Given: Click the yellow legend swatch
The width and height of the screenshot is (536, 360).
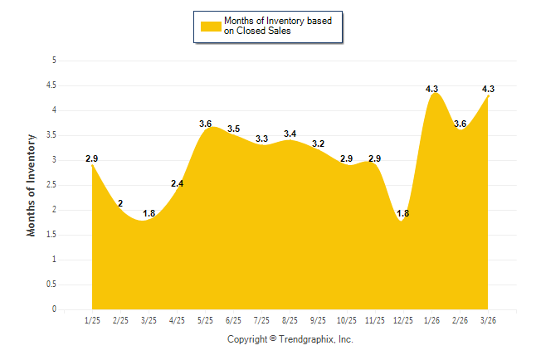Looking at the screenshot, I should (x=210, y=26).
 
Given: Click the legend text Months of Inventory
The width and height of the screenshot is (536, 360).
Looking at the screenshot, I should (x=266, y=21).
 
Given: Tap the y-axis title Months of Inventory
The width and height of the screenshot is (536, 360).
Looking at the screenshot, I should (x=32, y=185).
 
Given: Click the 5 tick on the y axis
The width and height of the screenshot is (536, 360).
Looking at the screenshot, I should (x=54, y=61).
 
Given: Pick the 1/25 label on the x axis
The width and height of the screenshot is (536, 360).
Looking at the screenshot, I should (x=92, y=319).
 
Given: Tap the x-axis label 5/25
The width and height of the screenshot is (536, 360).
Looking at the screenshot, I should (x=205, y=319).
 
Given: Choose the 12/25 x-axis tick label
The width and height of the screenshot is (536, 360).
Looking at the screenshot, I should (x=402, y=319).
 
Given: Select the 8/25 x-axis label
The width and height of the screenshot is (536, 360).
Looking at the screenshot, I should (x=290, y=319).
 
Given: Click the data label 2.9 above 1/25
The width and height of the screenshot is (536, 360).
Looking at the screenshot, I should (x=92, y=158).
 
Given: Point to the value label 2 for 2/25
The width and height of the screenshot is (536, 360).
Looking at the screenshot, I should (x=120, y=203).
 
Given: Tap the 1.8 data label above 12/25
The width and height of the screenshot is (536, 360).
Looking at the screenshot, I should (x=402, y=213).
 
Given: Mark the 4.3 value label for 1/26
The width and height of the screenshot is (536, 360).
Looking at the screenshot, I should (x=431, y=89).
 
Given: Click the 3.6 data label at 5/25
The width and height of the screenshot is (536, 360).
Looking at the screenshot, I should (x=206, y=124).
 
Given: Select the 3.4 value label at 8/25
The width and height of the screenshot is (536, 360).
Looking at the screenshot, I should (x=290, y=134).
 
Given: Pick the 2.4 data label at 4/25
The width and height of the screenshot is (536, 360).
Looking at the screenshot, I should (x=177, y=183).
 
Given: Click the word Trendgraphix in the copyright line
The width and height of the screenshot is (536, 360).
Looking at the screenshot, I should (x=306, y=339).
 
